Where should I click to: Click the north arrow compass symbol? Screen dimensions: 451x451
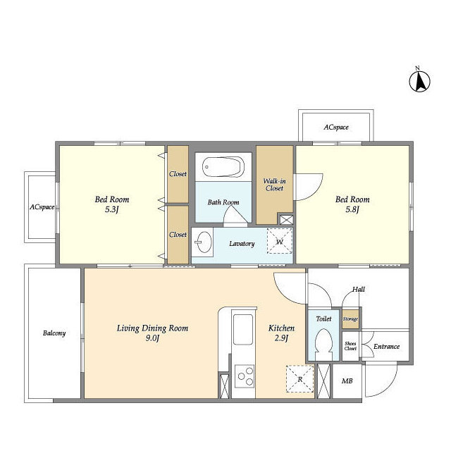[420, 81]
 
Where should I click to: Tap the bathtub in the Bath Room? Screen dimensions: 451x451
[223, 167]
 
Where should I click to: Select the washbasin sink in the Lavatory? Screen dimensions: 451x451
[204, 242]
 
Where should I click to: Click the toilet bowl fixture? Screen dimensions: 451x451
[324, 344]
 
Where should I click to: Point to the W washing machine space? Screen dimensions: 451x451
[280, 241]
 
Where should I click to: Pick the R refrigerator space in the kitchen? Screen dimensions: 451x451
[299, 379]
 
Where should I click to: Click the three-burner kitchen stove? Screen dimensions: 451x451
[245, 376]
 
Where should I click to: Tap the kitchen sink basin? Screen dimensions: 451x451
[243, 329]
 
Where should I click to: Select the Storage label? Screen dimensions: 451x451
[350, 319]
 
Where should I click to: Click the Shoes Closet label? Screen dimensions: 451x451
[350, 346]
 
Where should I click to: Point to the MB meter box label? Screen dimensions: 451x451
[347, 381]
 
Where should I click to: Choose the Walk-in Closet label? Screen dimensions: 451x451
[274, 185]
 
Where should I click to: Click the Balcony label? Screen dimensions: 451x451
[54, 333]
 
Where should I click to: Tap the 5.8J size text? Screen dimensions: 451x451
[352, 209]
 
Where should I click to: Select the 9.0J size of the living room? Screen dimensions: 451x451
[152, 338]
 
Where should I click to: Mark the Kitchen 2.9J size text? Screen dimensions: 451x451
[281, 338]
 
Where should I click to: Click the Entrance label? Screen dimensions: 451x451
[386, 346]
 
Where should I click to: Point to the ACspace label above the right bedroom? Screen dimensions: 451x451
[336, 127]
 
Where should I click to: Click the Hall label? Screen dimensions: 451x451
[359, 289]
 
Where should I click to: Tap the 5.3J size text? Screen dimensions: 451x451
[112, 209]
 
